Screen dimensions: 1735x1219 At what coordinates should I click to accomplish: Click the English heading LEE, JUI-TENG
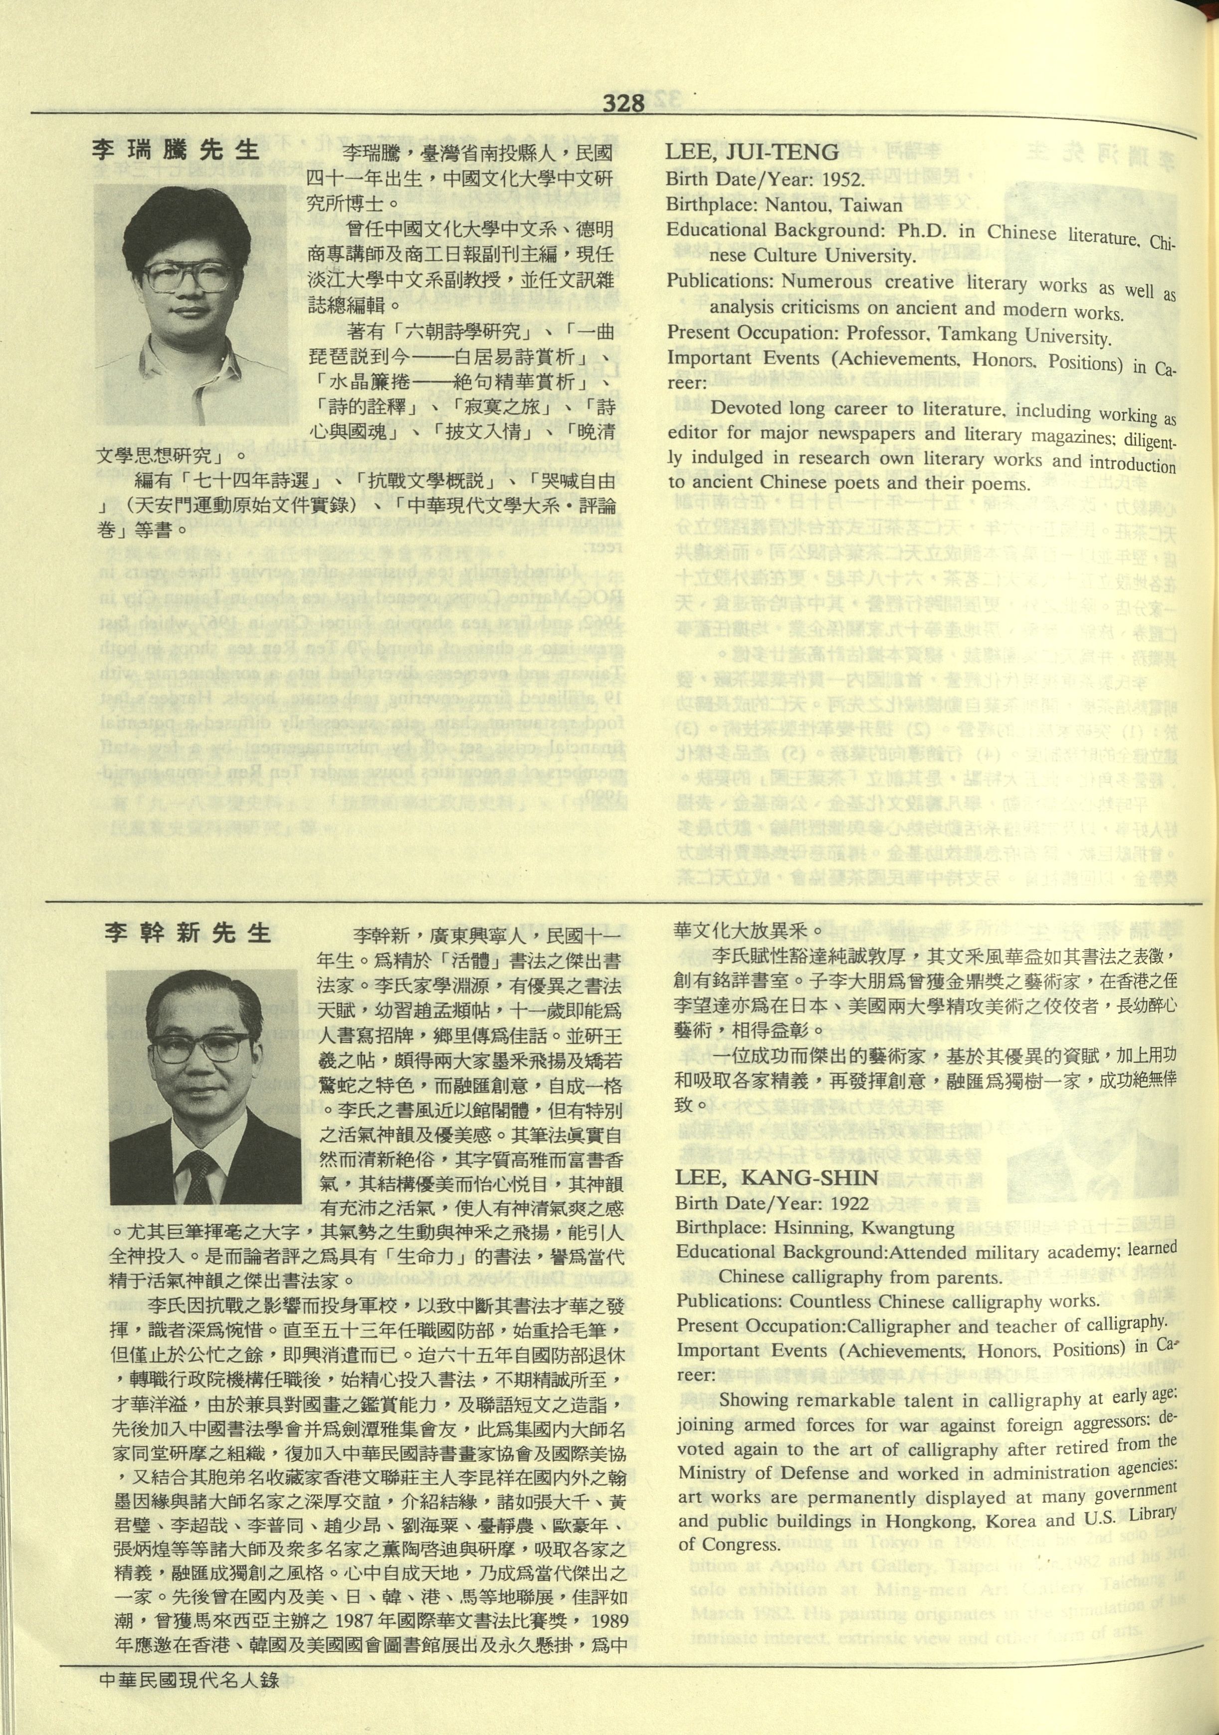point(752,152)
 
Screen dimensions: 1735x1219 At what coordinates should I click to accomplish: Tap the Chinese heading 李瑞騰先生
point(176,149)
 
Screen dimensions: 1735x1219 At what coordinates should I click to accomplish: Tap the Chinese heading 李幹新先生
point(188,933)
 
